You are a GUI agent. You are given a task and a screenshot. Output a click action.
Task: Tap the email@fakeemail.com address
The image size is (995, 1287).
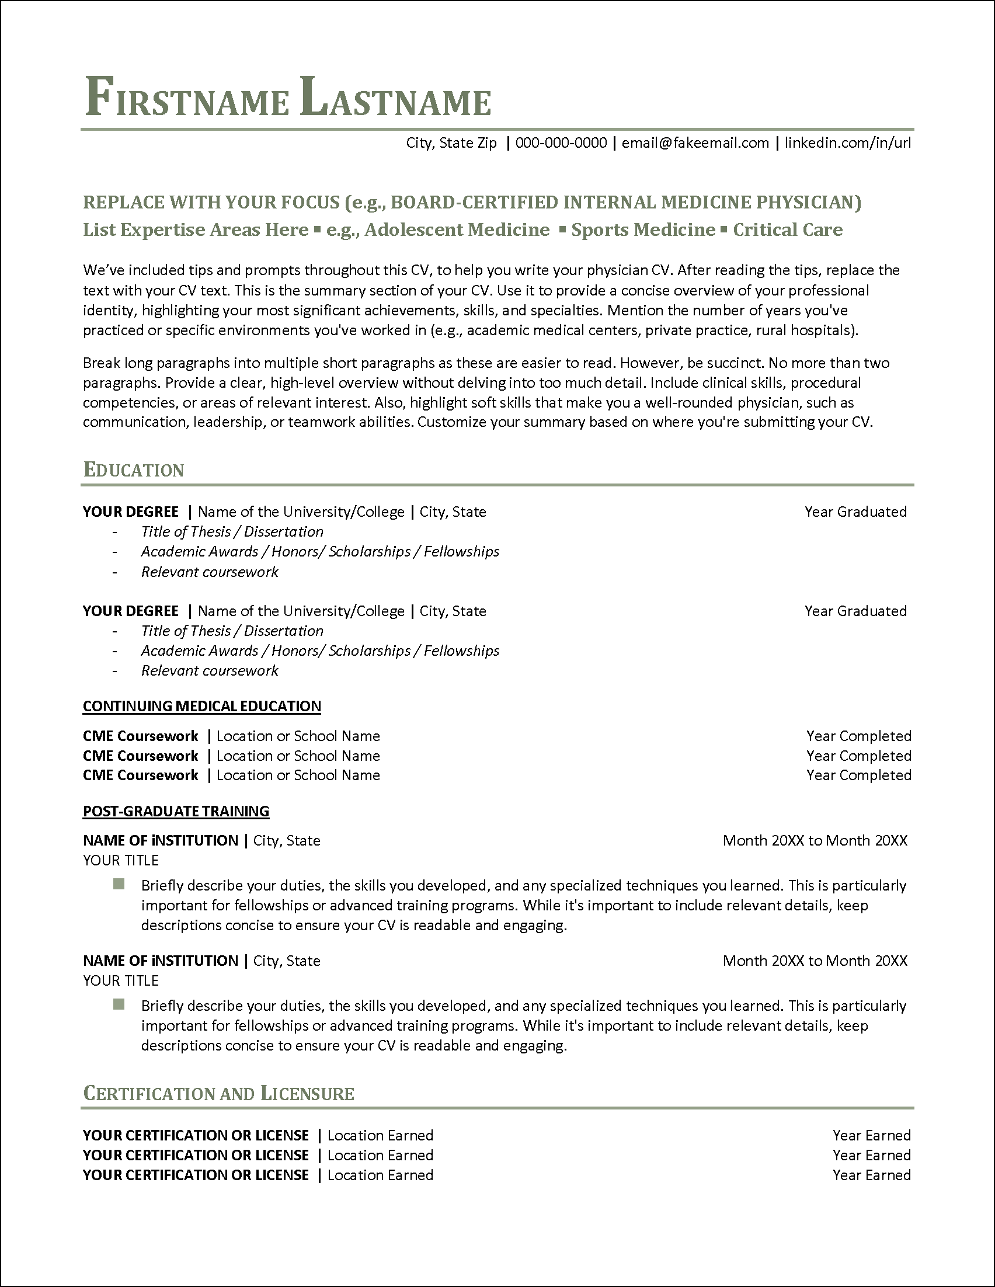coord(695,143)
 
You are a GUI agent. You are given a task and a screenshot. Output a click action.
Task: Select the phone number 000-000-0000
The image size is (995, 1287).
coord(561,143)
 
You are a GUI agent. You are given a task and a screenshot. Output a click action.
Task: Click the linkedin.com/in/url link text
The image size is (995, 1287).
coord(848,143)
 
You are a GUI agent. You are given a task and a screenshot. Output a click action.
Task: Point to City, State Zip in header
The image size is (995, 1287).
coord(451,143)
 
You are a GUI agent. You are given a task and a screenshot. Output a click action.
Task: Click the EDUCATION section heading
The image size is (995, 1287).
coord(134,469)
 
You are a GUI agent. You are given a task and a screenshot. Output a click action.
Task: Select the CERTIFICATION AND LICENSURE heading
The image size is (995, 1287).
coord(218,1094)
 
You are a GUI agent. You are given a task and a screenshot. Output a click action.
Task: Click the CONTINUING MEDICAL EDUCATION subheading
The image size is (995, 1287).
coord(201,706)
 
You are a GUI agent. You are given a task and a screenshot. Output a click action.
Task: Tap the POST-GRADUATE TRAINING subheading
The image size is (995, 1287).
coord(176,811)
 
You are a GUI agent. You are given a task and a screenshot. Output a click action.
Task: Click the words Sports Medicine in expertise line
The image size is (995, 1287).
coord(643,230)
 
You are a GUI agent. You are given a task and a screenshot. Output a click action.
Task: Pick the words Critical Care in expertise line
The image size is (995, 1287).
coord(788,230)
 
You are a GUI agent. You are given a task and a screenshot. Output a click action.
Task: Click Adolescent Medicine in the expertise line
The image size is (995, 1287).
coord(457,230)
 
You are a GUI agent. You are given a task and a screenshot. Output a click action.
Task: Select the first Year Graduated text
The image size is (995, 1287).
coord(855,512)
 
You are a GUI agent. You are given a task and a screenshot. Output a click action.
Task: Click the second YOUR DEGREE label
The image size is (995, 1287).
coord(130,611)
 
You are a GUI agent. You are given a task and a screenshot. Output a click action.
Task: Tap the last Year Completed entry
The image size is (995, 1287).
coord(858,775)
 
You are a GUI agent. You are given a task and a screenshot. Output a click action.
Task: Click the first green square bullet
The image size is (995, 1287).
coord(119,884)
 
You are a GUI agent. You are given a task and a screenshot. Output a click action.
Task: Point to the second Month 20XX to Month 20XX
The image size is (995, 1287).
coord(815,961)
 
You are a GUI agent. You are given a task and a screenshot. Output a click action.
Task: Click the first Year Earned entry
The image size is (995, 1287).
coord(871,1136)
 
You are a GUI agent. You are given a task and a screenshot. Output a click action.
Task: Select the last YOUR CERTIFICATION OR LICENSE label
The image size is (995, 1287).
coord(196,1175)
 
